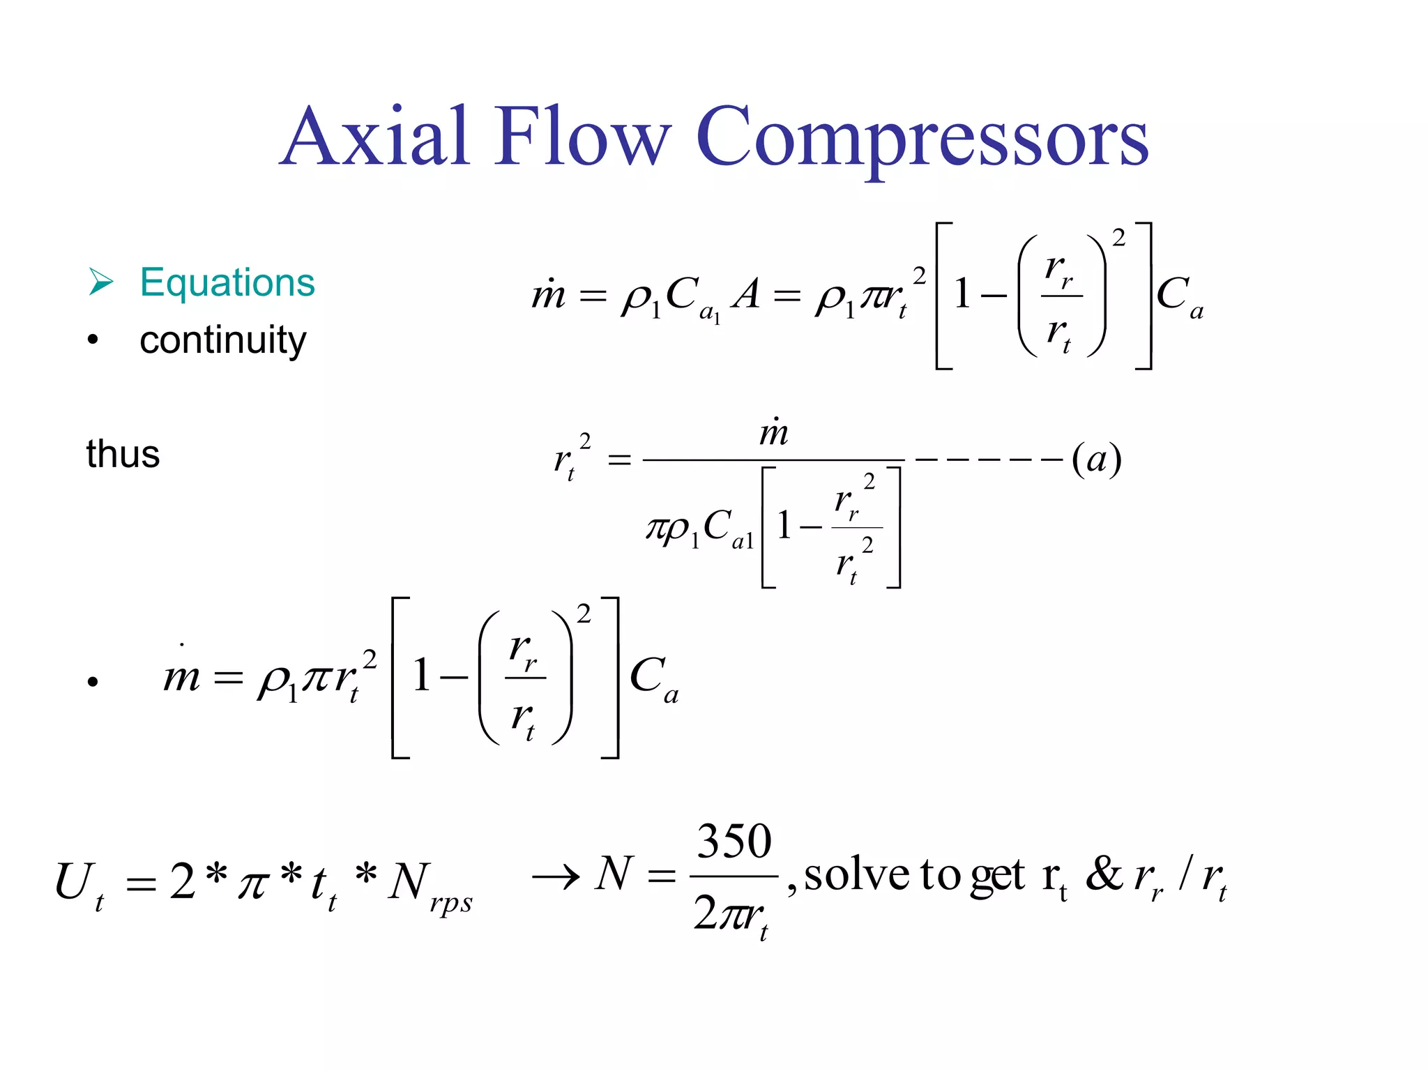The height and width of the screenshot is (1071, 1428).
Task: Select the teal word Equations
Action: tap(227, 282)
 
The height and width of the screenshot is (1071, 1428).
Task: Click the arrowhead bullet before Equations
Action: tap(101, 282)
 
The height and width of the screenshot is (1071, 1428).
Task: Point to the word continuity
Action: tap(222, 340)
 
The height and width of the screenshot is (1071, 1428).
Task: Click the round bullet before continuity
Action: tap(93, 340)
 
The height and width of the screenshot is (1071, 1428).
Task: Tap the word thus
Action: tap(123, 454)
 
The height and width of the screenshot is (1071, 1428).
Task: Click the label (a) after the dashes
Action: tap(1096, 459)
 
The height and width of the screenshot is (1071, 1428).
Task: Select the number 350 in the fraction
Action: tap(734, 842)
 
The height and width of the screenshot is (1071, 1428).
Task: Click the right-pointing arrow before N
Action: tap(556, 876)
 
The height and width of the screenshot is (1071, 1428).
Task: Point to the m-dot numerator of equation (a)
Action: tap(774, 432)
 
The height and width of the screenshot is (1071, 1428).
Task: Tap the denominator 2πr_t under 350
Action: tap(731, 914)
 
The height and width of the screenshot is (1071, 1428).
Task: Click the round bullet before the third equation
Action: tap(93, 682)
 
